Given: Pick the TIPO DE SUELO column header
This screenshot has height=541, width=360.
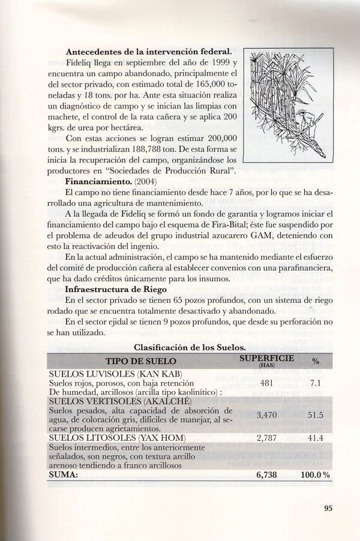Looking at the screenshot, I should point(141,361).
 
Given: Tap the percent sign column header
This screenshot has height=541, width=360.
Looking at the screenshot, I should point(316,361).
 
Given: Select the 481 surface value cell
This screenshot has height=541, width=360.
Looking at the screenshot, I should point(264,382).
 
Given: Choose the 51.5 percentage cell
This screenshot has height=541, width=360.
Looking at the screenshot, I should point(314,414).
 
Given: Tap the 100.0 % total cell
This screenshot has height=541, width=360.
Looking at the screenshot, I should point(312,474).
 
